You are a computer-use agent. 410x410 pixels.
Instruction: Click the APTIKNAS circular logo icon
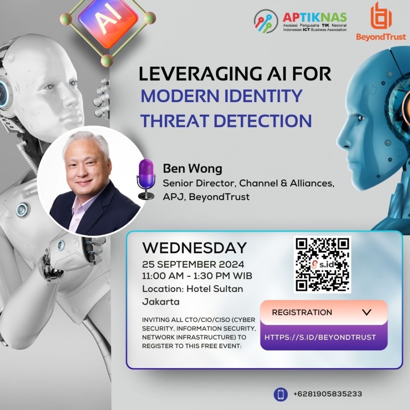point(266,21)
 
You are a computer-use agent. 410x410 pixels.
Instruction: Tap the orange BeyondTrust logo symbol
point(381,16)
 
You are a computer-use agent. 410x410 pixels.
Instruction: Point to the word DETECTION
point(263,121)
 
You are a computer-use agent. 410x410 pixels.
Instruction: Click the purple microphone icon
point(146,179)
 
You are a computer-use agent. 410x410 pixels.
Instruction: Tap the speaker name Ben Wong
point(192,169)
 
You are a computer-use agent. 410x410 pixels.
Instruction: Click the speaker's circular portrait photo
point(92,182)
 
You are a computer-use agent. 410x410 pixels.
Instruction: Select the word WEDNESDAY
point(194,248)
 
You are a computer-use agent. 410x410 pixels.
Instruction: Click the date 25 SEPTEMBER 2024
point(193,264)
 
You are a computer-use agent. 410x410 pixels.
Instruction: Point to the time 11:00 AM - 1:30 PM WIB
point(197,276)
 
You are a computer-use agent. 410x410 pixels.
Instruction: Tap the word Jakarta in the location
point(161,302)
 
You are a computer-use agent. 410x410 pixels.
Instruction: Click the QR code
point(322,264)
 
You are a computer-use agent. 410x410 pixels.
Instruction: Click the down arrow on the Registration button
point(367,312)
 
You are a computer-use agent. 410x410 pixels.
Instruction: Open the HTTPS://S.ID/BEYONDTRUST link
point(320,337)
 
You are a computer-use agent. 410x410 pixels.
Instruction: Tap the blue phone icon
point(280,394)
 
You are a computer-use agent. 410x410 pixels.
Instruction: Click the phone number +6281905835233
point(328,394)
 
